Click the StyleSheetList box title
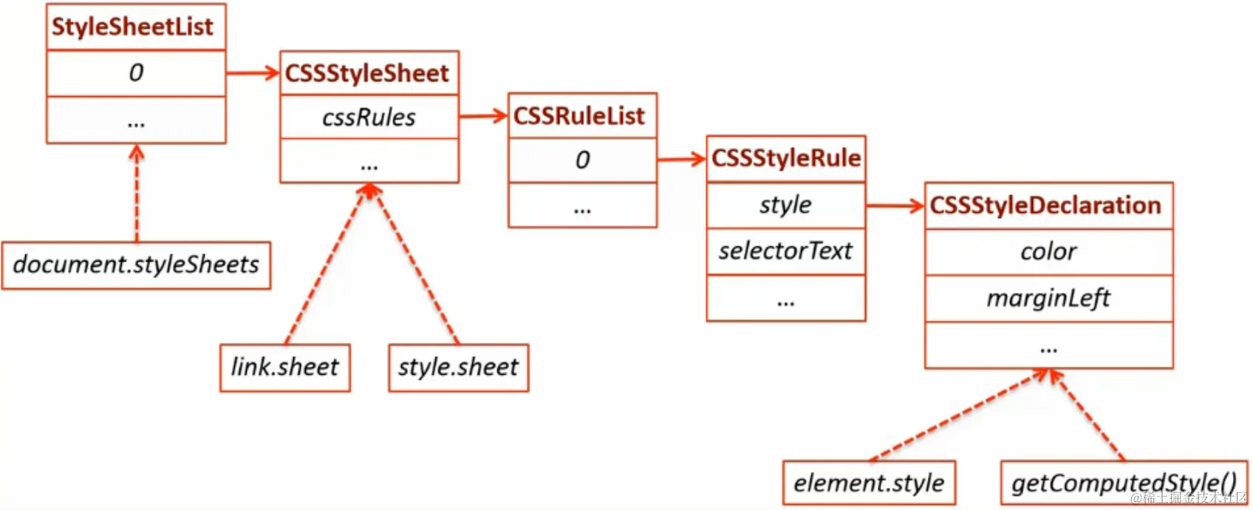point(133,27)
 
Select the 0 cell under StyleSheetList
point(136,73)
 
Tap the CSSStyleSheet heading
point(367,73)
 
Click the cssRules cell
point(369,117)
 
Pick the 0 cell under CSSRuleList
point(582,160)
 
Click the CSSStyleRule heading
point(786,158)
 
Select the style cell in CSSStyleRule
point(785,205)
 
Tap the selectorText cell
point(785,251)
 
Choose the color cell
point(1048,252)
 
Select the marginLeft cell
point(1048,299)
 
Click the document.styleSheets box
point(136,265)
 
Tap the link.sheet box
point(284,367)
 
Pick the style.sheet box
point(458,367)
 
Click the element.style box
point(869,483)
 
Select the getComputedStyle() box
point(1123,483)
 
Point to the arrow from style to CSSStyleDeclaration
point(895,205)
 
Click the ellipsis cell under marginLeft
point(1048,346)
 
